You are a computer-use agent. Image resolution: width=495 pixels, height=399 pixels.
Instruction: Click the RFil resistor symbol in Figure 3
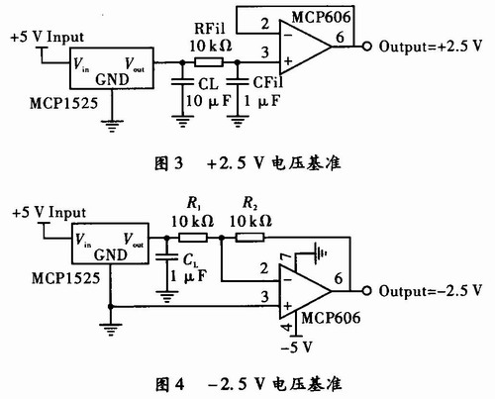pyautogui.click(x=209, y=62)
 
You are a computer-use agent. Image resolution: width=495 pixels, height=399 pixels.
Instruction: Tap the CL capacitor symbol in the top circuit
pyautogui.click(x=182, y=82)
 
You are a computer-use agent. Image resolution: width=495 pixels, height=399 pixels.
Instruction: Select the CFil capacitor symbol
pyautogui.click(x=238, y=82)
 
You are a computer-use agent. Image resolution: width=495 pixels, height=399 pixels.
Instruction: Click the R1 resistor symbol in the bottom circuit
pyautogui.click(x=193, y=238)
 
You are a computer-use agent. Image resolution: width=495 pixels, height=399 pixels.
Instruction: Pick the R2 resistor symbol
pyautogui.click(x=249, y=238)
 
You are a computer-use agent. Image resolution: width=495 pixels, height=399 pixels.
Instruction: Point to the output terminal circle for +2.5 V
pyautogui.click(x=367, y=47)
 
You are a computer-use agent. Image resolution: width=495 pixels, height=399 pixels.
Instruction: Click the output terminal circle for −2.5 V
pyautogui.click(x=367, y=291)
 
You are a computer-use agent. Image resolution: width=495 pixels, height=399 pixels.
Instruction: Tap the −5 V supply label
pyautogui.click(x=296, y=348)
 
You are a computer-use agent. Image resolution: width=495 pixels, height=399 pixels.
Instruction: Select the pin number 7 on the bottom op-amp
pyautogui.click(x=285, y=258)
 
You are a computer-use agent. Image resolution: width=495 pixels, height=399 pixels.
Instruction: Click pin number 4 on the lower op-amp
pyautogui.click(x=287, y=327)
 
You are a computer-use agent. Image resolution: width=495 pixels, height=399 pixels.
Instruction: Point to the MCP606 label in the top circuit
pyautogui.click(x=321, y=17)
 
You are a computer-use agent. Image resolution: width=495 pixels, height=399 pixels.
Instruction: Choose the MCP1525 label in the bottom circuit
pyautogui.click(x=65, y=278)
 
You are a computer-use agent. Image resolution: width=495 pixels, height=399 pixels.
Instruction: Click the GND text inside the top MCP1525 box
pyautogui.click(x=112, y=79)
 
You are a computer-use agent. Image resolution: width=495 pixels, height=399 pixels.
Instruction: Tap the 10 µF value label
pyautogui.click(x=209, y=101)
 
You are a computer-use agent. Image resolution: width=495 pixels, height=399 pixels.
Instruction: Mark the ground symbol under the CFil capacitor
pyautogui.click(x=238, y=121)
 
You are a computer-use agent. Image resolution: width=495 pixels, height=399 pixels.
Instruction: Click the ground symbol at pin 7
pyautogui.click(x=320, y=253)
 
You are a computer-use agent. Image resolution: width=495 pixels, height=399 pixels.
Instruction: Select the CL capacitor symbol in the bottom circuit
pyautogui.click(x=167, y=256)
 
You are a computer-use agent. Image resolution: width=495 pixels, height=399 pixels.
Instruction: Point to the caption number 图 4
pyautogui.click(x=169, y=384)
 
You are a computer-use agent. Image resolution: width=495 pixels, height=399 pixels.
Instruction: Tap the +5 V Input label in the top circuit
pyautogui.click(x=48, y=37)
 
